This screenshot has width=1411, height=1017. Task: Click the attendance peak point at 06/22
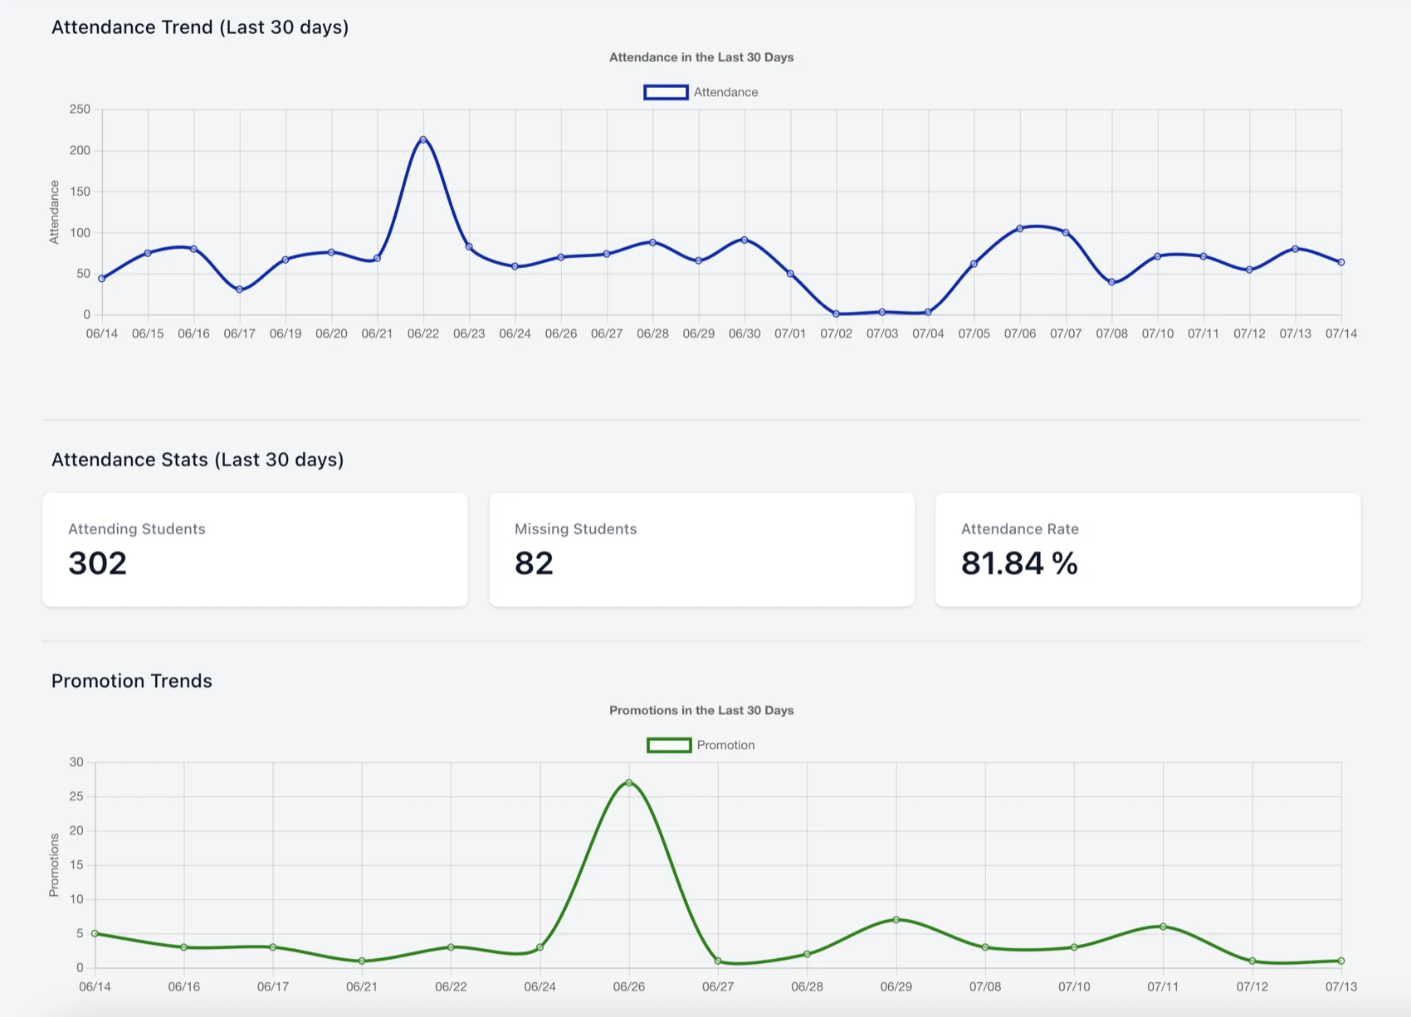[423, 139]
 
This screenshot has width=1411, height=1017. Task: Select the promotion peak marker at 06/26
[629, 782]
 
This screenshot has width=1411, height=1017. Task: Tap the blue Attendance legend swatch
[666, 92]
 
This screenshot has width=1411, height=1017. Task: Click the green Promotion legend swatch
[669, 745]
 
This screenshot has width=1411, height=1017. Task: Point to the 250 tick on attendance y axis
[80, 109]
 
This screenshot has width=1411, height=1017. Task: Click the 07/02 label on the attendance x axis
[836, 333]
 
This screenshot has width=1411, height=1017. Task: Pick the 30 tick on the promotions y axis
[76, 762]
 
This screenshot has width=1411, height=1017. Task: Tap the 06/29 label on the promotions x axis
[896, 986]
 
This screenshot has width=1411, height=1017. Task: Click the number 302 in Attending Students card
[97, 563]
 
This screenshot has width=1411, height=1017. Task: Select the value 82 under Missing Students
[534, 563]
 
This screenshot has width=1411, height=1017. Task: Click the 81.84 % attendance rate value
[1019, 563]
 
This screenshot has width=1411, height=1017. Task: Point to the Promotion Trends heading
[132, 681]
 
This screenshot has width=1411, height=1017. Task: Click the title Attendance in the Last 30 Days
[701, 57]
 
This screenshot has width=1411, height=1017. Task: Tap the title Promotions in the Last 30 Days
[701, 710]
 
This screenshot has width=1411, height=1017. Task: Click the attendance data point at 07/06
[1020, 228]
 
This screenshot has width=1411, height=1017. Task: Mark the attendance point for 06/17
[240, 290]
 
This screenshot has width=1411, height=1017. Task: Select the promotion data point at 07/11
[1163, 927]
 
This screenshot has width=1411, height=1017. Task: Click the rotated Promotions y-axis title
[54, 865]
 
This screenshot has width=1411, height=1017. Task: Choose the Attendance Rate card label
[1019, 529]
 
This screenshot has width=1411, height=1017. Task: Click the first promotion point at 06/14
[95, 933]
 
